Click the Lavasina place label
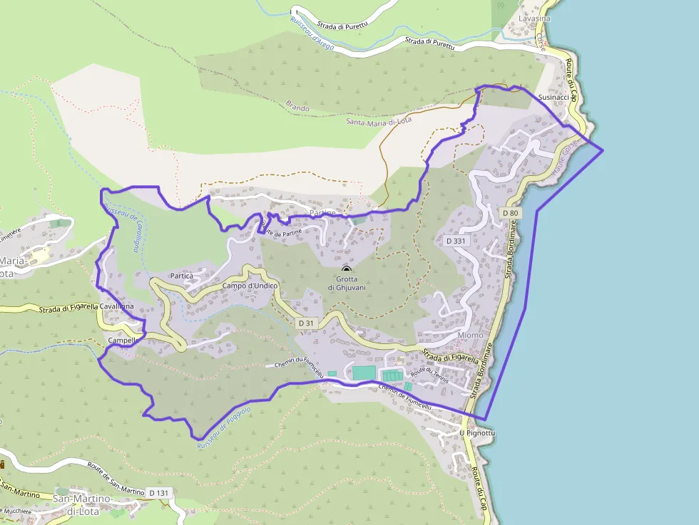pos(534,19)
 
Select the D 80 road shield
pos(510,212)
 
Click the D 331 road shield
pos(456,241)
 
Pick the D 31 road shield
pos(305,323)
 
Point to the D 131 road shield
pos(158,492)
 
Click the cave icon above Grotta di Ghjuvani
pos(347,269)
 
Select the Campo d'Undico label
pos(250,286)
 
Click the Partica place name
pos(182,275)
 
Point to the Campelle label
pos(121,341)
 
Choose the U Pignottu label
pos(477,432)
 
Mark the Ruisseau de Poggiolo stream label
pos(223,428)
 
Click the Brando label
pos(297,108)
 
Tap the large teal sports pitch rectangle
pos(363,373)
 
